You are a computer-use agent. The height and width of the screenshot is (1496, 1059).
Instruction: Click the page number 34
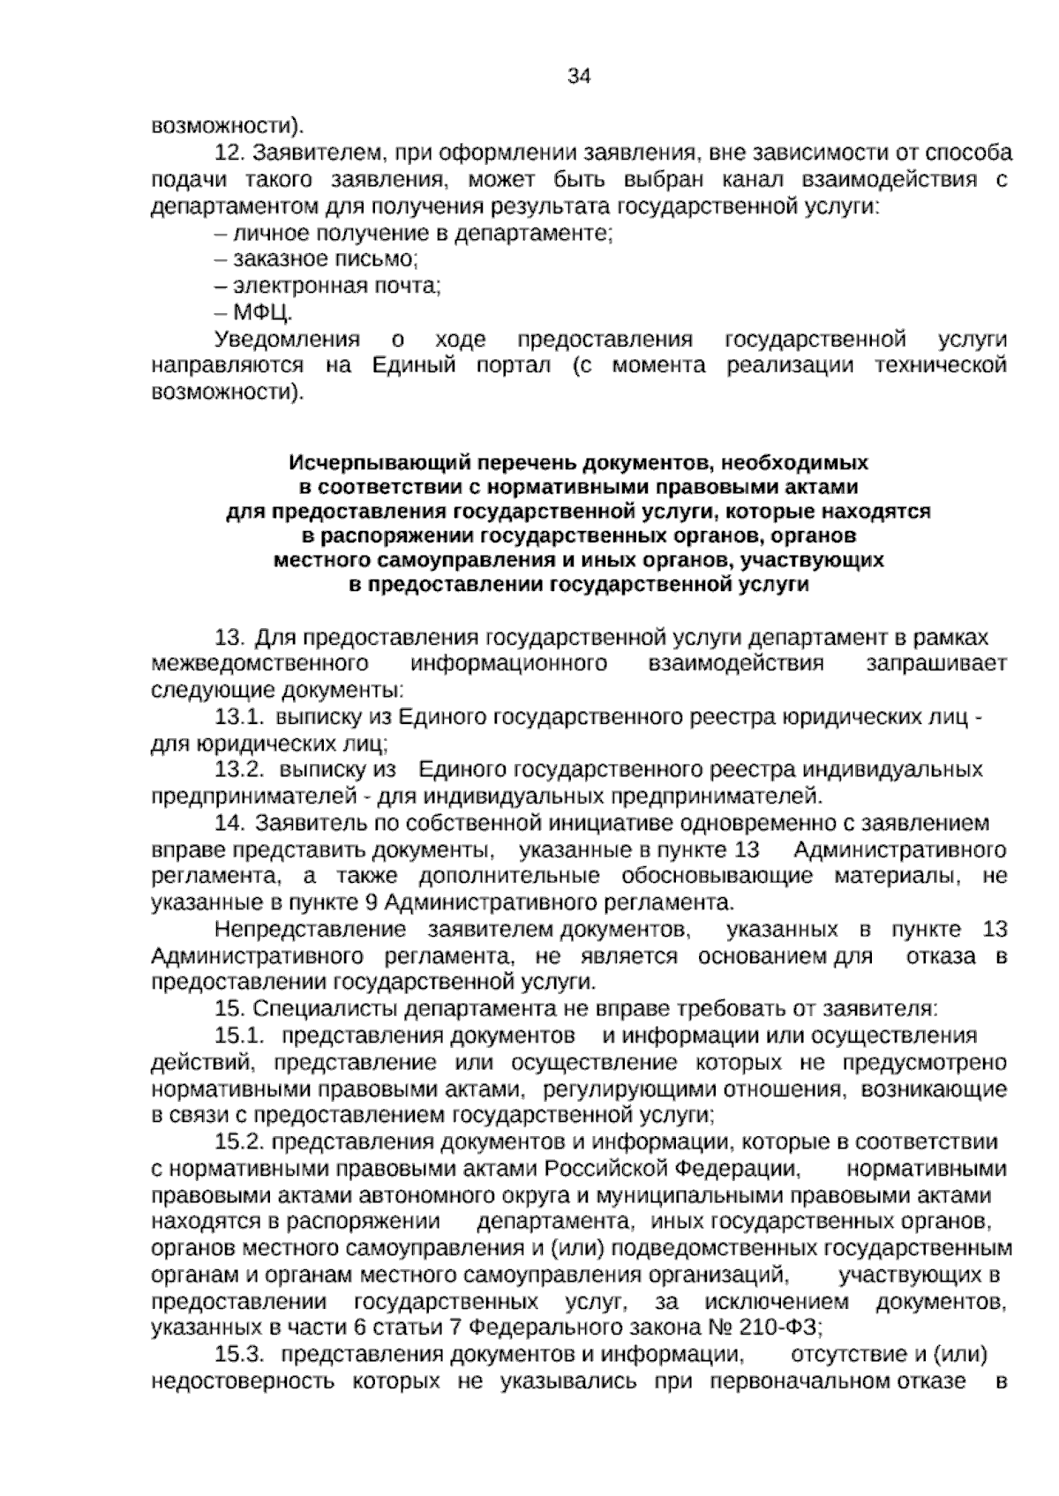[578, 76]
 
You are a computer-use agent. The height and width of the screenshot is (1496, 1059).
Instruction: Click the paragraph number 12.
[229, 153]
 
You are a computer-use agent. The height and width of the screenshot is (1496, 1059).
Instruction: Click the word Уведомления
[288, 340]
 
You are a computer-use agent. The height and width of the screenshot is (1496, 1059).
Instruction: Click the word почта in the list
[403, 286]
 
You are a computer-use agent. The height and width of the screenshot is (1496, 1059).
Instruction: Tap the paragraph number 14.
[229, 823]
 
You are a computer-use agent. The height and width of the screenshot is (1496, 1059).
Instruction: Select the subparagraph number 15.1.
[240, 1036]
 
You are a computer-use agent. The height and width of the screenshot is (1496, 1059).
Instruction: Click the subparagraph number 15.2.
[240, 1142]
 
